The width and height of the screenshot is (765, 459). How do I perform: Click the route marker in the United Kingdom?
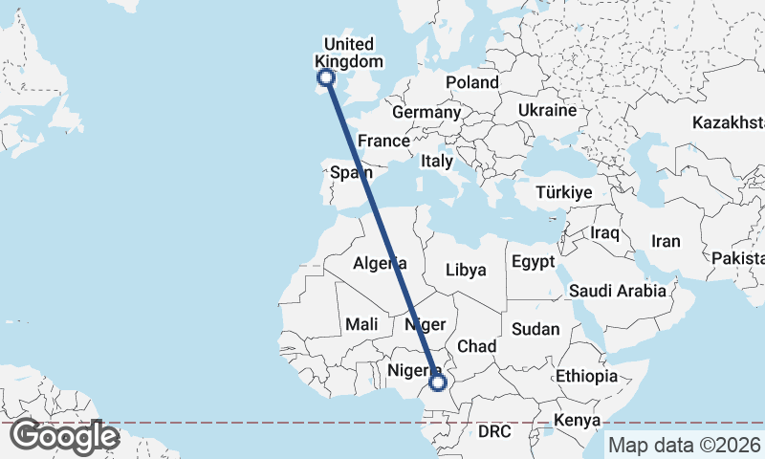point(326,77)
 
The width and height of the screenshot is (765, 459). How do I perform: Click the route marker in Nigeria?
point(437,382)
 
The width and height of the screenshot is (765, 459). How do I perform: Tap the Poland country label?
point(472,82)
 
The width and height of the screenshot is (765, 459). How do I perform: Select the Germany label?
point(426,112)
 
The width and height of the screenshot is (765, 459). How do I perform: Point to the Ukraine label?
point(547,110)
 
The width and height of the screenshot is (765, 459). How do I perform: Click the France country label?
point(383,141)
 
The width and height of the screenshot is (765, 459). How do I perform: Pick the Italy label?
point(437,162)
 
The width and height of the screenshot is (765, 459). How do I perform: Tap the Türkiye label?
point(564,192)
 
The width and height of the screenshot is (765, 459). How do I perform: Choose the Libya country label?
point(467,270)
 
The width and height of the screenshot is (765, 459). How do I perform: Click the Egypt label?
point(533,261)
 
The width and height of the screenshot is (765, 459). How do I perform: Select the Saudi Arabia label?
point(617,291)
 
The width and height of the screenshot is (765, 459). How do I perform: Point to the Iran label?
point(666,241)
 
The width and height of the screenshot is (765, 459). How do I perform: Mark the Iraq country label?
point(605,232)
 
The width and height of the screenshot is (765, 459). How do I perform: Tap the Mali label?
point(362,324)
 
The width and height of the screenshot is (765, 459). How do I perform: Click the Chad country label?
point(477,345)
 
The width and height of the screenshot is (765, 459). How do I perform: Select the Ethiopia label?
point(586,376)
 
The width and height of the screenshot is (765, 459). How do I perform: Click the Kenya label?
point(578,420)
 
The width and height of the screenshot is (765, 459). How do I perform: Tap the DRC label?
point(495,431)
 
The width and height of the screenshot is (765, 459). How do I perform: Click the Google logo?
point(64,436)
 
